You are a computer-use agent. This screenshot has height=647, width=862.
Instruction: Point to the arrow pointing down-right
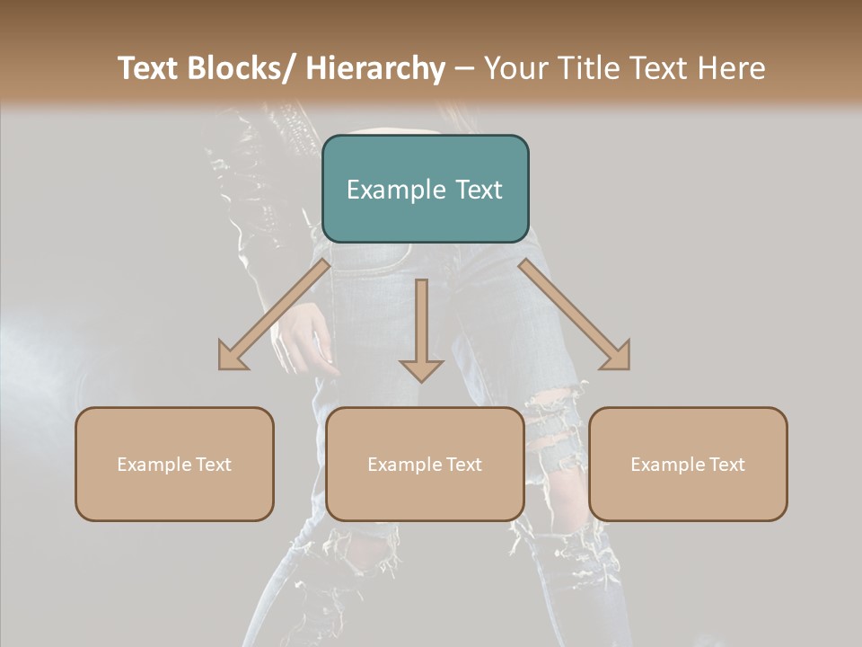click(575, 315)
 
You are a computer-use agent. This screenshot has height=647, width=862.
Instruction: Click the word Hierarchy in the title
click(375, 68)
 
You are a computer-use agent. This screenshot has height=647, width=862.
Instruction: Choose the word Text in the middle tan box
click(462, 465)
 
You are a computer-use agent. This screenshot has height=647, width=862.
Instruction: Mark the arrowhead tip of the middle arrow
click(421, 380)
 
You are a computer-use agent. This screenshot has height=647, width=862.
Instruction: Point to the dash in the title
click(464, 68)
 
